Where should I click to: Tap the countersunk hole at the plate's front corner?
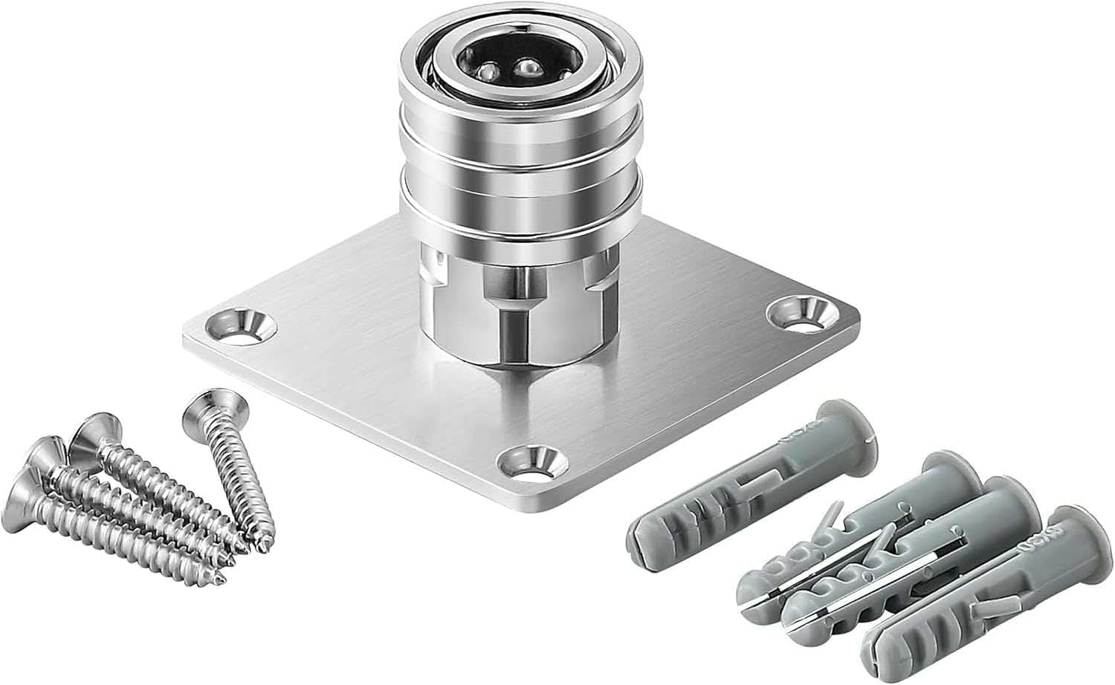(528, 463)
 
